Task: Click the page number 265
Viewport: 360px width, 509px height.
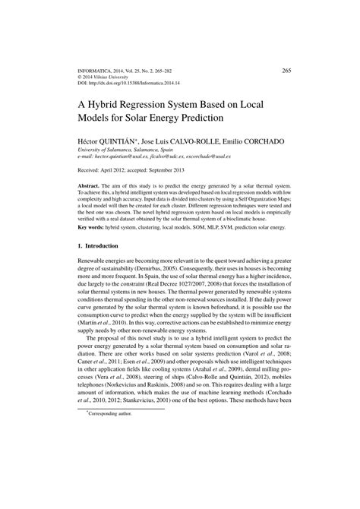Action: [286, 70]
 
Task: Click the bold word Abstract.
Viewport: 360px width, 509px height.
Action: [93, 185]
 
